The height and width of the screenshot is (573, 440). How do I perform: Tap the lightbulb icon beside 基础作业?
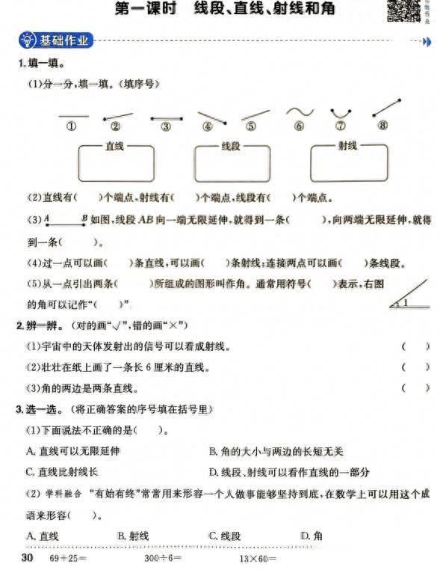click(28, 40)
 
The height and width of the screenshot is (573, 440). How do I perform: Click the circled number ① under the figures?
click(72, 126)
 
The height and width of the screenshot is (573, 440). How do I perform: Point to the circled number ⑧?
click(383, 126)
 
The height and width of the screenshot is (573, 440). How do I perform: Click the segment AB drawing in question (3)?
click(64, 221)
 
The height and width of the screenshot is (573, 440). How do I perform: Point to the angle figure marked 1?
click(409, 296)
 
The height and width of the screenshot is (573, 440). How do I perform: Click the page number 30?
click(27, 558)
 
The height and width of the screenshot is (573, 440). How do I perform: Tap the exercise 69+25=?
click(68, 559)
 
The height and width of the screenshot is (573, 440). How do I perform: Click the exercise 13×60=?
click(258, 559)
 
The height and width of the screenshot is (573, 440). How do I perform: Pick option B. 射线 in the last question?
click(133, 536)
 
